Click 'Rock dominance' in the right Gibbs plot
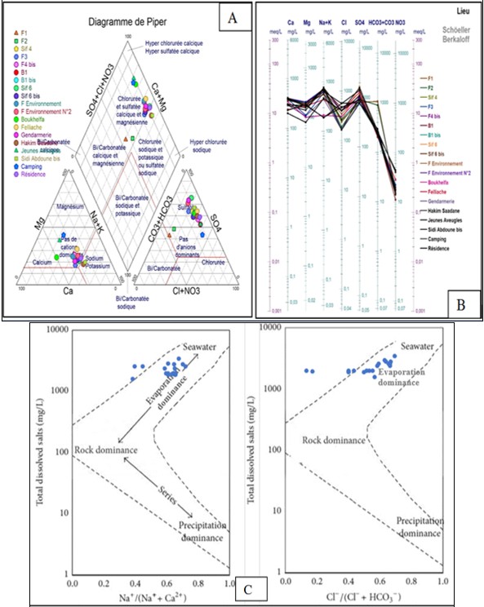(330, 440)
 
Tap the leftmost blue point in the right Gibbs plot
(306, 370)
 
